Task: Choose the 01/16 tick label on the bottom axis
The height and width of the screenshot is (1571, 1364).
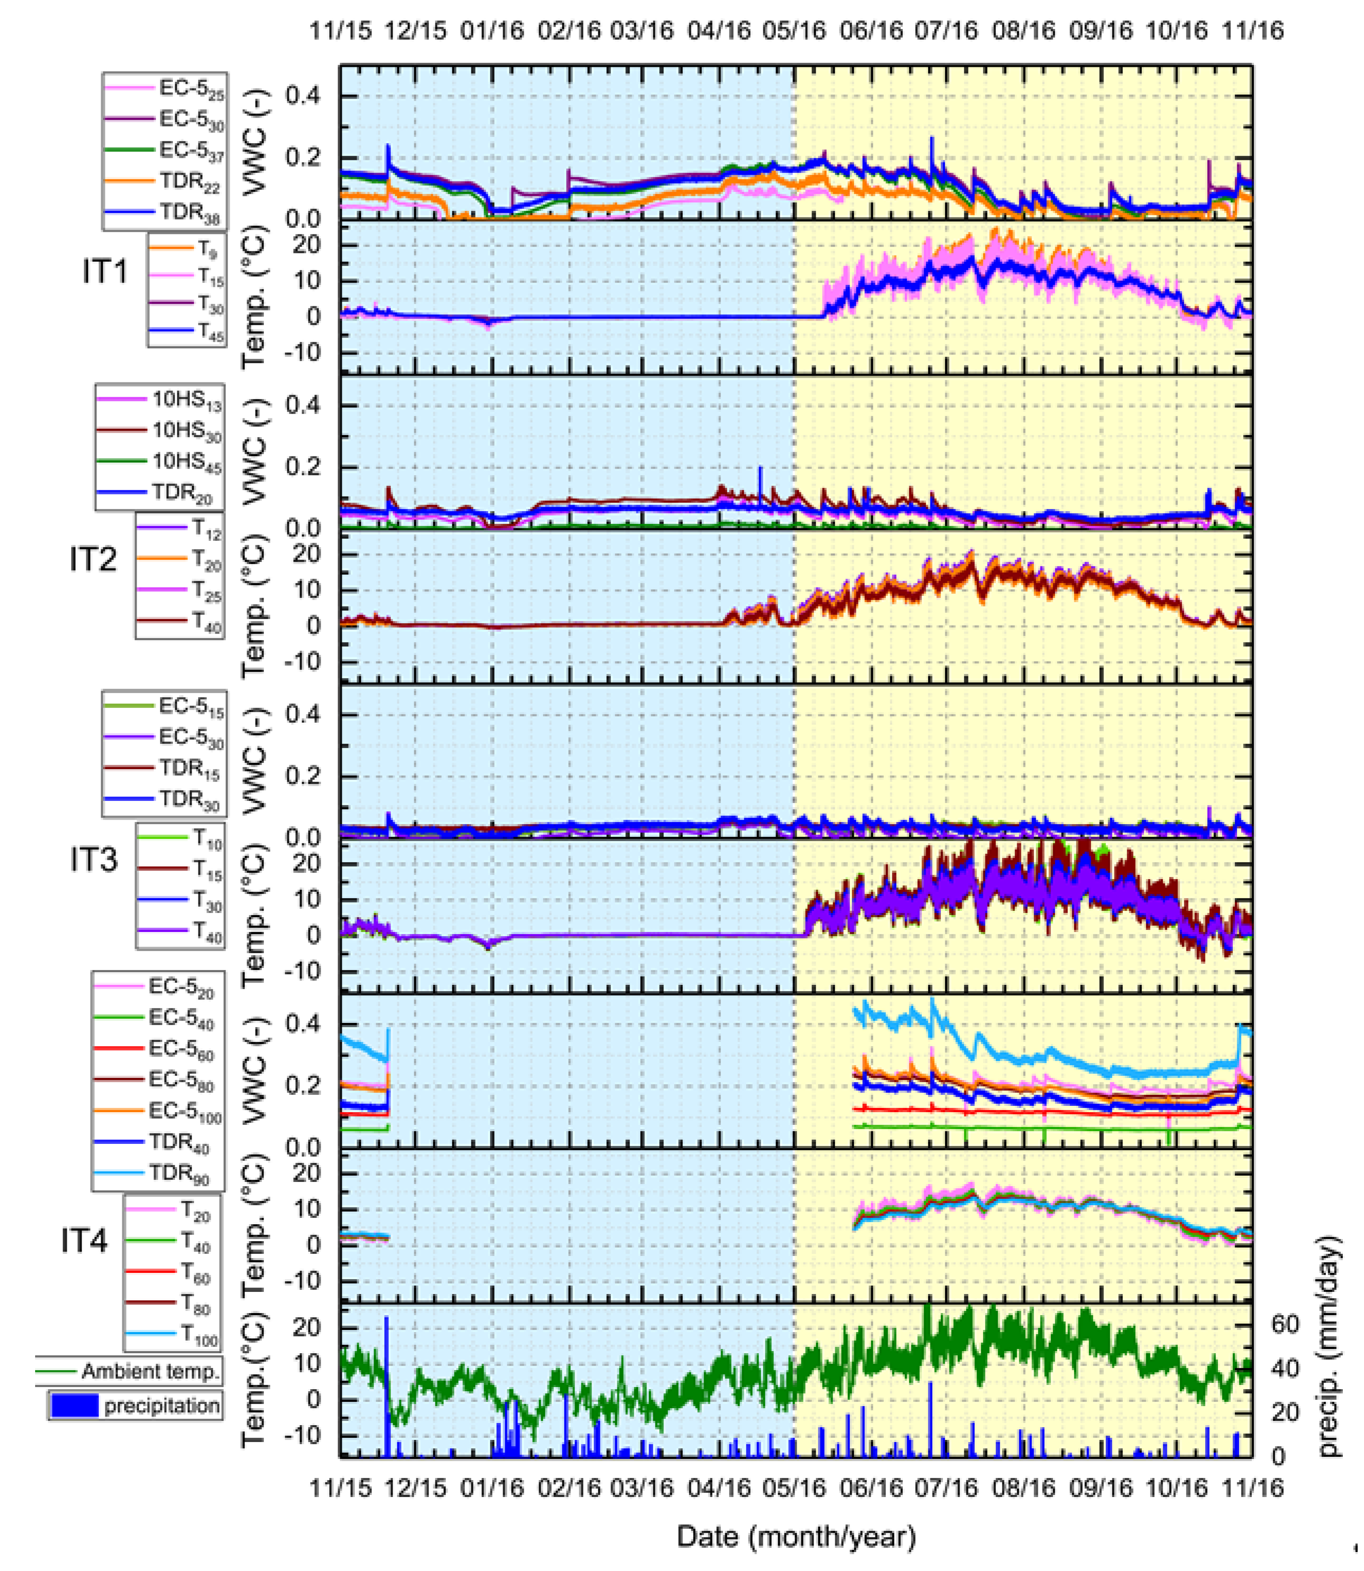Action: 491,1487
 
